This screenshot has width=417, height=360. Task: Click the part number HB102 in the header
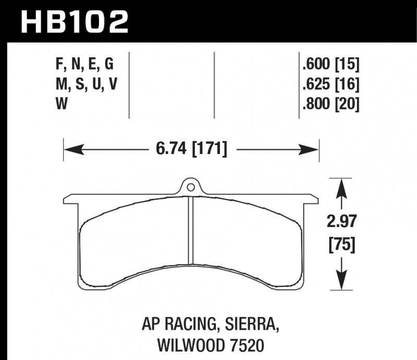pos(73,21)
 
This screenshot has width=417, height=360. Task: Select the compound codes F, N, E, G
pos(84,64)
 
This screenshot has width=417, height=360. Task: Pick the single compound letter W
pos(60,104)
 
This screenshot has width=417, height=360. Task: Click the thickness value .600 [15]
pos(330,64)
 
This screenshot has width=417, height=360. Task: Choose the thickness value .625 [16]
pos(330,84)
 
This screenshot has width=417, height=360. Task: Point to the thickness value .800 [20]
pos(330,104)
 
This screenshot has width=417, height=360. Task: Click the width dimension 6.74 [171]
pos(191,150)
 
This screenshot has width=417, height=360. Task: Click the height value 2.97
pos(341,223)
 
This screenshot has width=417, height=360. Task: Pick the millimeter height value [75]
pos(341,244)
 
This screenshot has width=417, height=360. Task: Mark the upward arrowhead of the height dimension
pos(341,186)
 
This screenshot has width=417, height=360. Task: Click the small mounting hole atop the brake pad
pos(191,186)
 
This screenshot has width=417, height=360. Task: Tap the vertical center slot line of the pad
pos(191,230)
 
